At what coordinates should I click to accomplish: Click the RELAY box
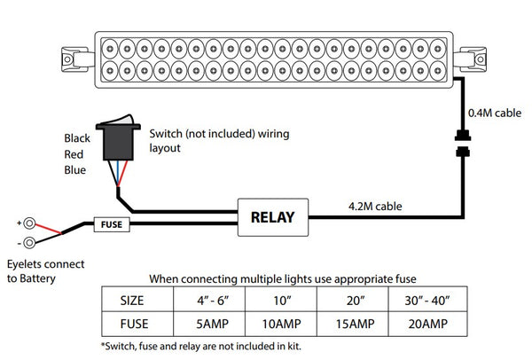tap(272, 215)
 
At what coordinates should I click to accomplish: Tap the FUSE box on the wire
tap(112, 225)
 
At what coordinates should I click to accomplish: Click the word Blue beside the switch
tap(75, 169)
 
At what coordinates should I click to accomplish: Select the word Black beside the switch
tap(77, 138)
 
